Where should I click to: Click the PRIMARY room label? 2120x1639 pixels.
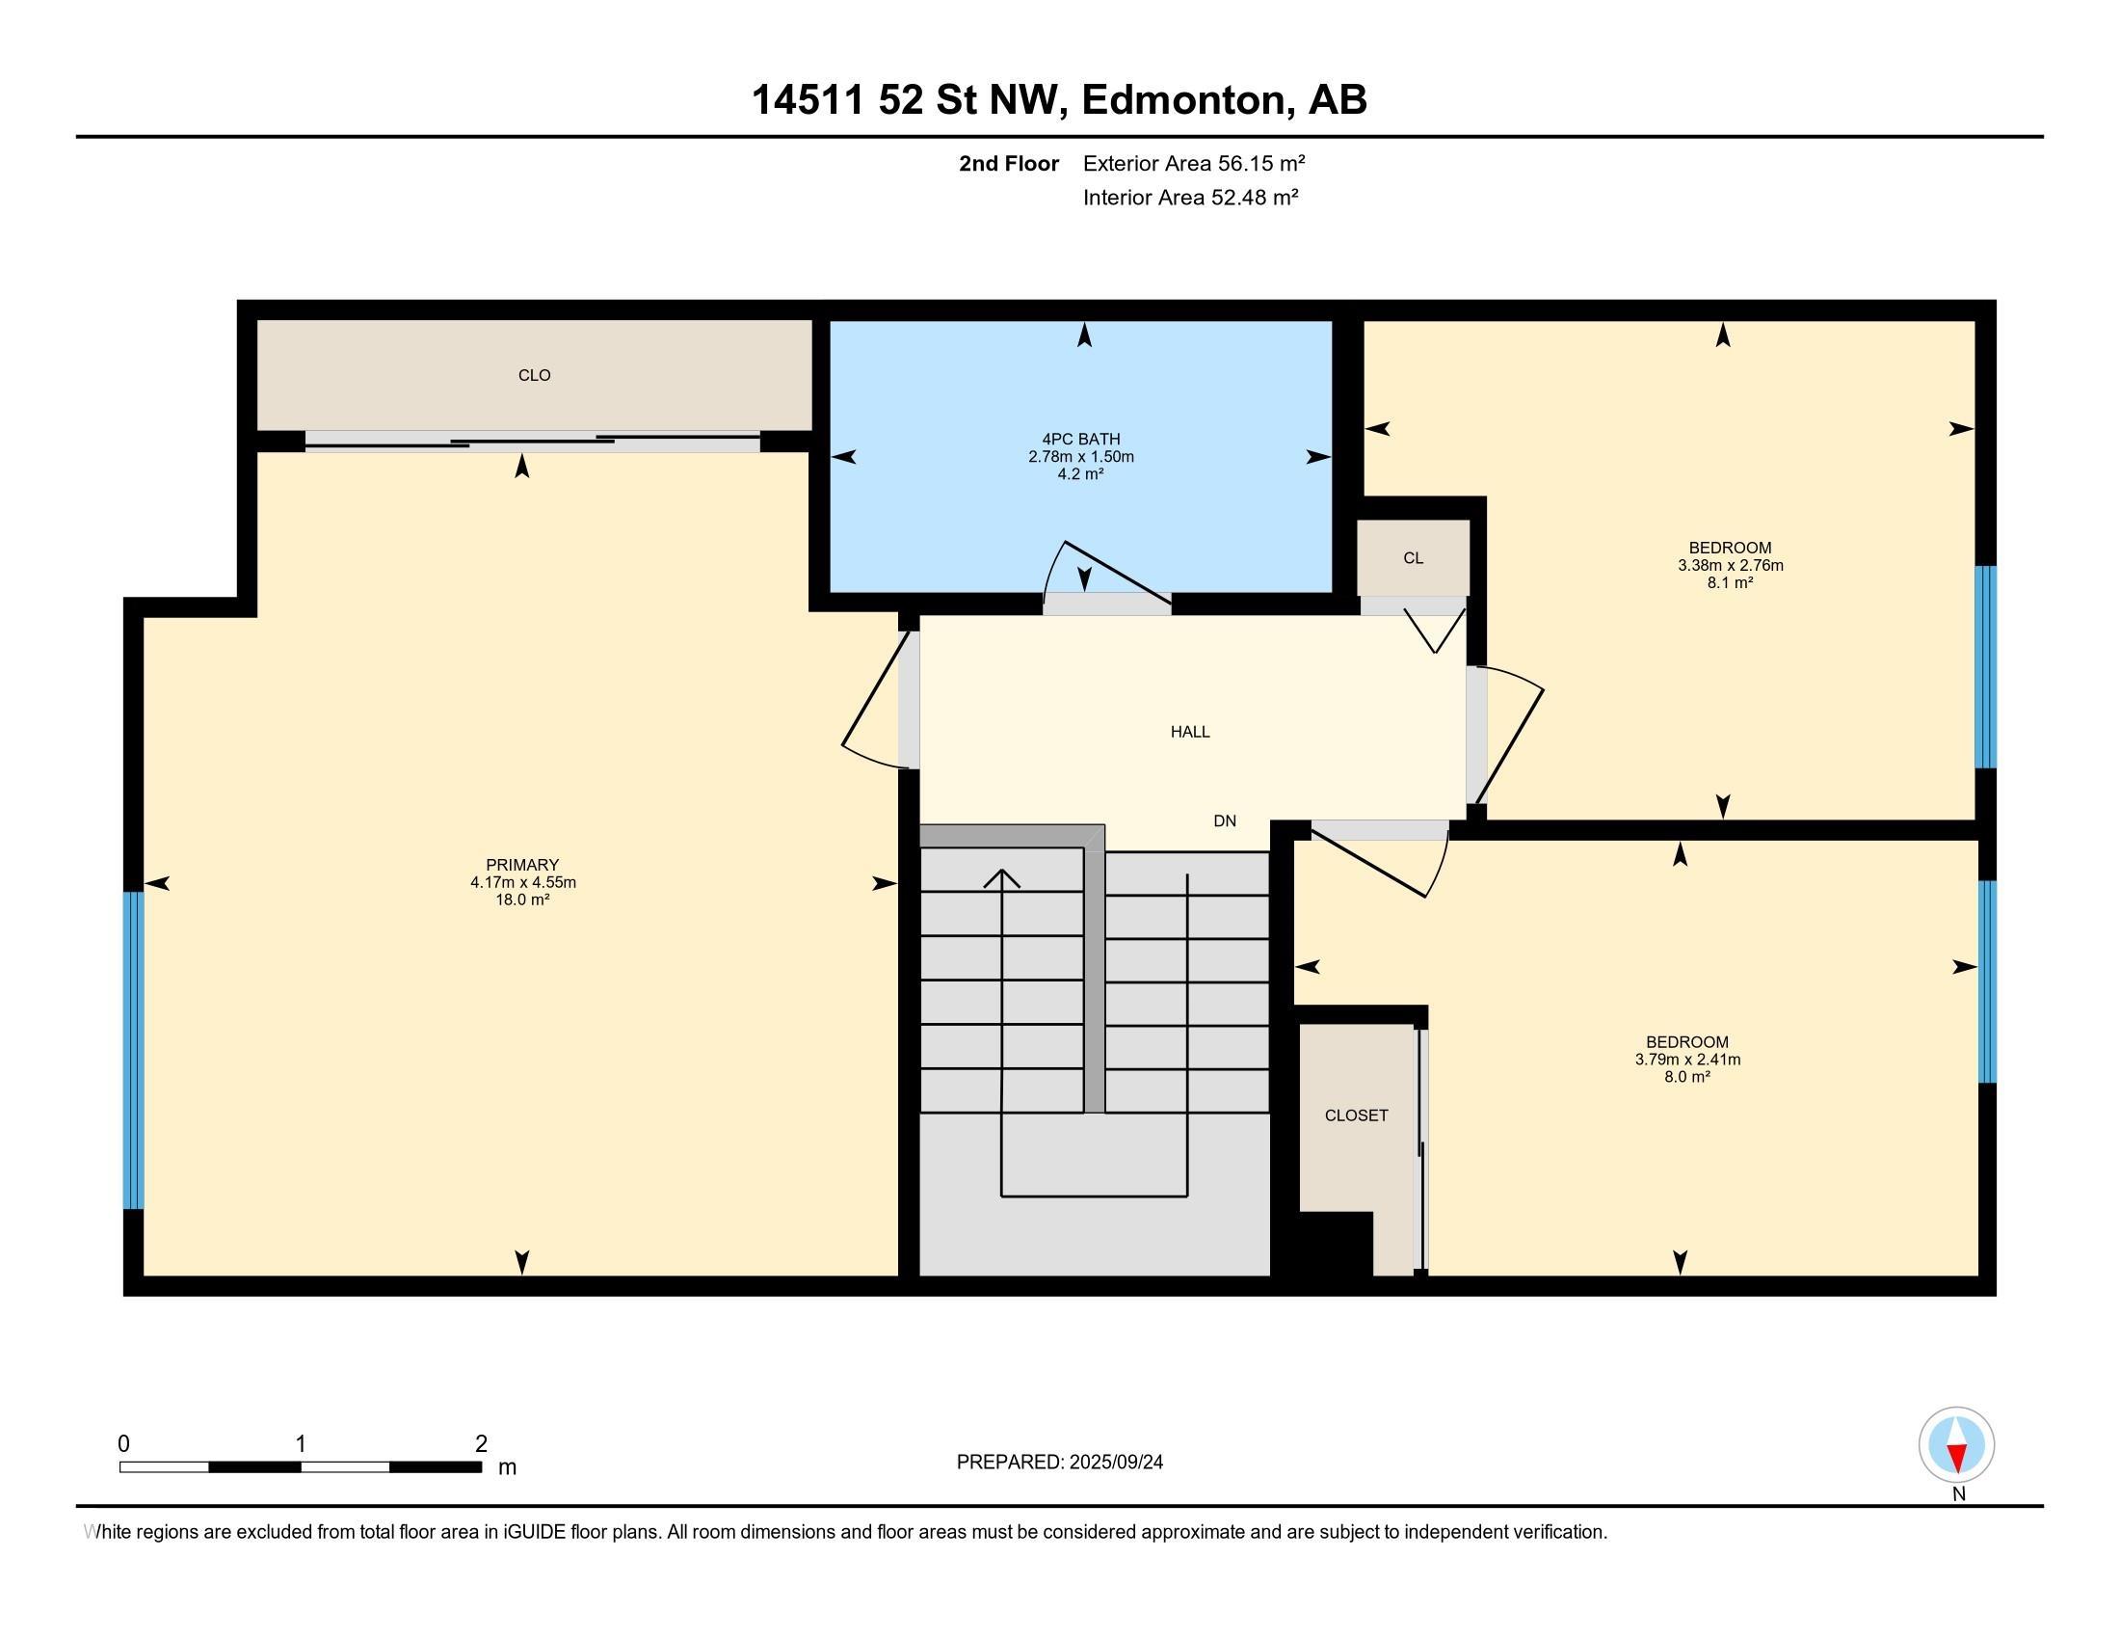pos(522,864)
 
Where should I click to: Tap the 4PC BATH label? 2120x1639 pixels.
pos(1081,439)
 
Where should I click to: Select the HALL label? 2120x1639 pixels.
pos(1190,732)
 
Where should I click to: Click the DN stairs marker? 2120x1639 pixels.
pos(1225,820)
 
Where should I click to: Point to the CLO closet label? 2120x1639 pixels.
pos(535,375)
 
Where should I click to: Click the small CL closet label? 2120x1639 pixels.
pos(1414,558)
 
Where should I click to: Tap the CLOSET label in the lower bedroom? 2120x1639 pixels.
pos(1356,1115)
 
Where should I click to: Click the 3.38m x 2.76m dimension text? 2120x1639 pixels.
pos(1731,565)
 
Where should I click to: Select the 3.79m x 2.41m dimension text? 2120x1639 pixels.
pos(1688,1060)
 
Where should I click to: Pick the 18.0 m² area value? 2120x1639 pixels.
pos(523,900)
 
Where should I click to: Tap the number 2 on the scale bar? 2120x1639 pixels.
pos(482,1443)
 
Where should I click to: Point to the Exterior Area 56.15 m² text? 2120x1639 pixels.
pos(1194,163)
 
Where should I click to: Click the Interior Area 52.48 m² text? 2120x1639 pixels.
pos(1191,197)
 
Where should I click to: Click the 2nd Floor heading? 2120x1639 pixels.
pos(1009,163)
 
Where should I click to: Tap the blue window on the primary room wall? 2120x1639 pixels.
pos(133,1051)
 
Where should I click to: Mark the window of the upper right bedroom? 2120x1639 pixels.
pos(1986,667)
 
